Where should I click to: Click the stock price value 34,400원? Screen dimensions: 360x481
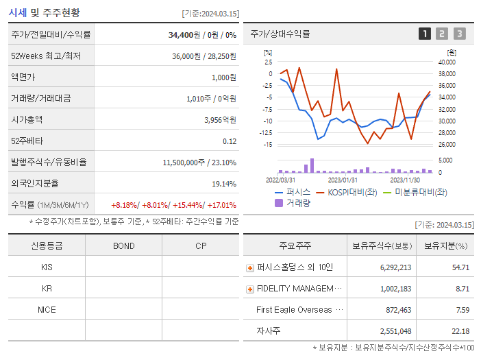coord(184,34)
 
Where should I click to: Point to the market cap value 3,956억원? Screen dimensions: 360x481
coord(220,120)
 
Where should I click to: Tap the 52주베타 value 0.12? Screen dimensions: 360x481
coord(230,141)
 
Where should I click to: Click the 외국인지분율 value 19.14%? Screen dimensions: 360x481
coord(224,184)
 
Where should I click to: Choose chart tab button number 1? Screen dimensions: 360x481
coord(425,34)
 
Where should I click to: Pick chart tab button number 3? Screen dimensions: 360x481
coord(459,34)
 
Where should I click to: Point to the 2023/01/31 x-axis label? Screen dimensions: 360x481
coord(341,180)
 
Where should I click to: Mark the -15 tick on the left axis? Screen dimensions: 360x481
coord(269,145)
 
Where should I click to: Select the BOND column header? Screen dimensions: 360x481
coord(123,245)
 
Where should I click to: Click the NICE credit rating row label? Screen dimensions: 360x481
coord(47,310)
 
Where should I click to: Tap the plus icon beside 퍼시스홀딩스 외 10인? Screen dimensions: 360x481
coord(250,268)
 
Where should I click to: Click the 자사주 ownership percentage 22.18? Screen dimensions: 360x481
coord(460,331)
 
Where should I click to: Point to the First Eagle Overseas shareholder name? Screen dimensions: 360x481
coord(299,310)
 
